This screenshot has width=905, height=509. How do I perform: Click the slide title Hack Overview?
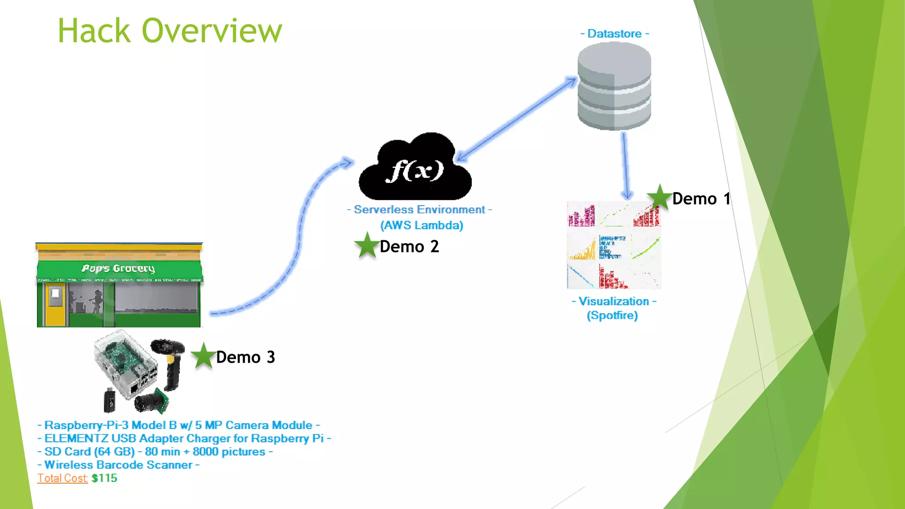click(170, 31)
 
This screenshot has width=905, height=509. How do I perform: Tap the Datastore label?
click(614, 34)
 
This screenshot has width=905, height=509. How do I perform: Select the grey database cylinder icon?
click(614, 86)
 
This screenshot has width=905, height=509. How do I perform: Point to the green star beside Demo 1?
click(659, 198)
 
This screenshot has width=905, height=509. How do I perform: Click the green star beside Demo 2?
click(367, 246)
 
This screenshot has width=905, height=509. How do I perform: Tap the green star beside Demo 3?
click(203, 356)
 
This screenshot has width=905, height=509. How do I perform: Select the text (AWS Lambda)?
click(422, 225)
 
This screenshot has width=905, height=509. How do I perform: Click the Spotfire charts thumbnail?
click(614, 245)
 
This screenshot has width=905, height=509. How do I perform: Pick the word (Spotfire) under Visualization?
click(612, 315)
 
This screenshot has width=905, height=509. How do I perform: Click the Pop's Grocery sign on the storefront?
click(118, 268)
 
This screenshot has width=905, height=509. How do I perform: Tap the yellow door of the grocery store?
click(55, 304)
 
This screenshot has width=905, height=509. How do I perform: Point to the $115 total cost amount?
click(104, 478)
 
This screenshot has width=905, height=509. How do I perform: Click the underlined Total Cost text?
click(62, 478)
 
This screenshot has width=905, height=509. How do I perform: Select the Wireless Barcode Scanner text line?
click(118, 465)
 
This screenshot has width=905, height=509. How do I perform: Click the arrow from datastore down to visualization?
click(625, 166)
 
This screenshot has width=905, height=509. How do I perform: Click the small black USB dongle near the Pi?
click(110, 400)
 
